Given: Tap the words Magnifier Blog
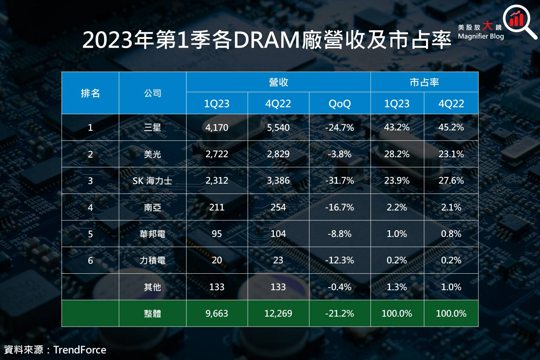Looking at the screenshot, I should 480,36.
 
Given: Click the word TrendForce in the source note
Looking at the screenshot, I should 80,350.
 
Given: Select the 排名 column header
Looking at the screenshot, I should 90,93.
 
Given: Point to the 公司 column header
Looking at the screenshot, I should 153,93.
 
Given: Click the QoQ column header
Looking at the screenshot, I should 340,104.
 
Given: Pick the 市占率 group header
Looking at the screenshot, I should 424,82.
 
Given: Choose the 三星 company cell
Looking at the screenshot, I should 153,127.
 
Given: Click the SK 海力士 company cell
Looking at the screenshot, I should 153,181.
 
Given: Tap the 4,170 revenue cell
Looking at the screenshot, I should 217,127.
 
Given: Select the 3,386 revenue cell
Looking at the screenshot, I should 278,181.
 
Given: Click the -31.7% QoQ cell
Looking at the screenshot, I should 340,181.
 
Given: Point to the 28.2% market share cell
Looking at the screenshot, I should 397,154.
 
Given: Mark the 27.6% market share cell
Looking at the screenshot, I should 451,181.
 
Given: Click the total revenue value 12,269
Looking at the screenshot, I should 278,313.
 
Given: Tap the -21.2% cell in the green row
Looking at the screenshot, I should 340,313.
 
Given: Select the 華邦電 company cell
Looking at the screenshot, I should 153,234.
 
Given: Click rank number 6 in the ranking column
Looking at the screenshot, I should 90,260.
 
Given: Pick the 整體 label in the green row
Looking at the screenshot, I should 153,313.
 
